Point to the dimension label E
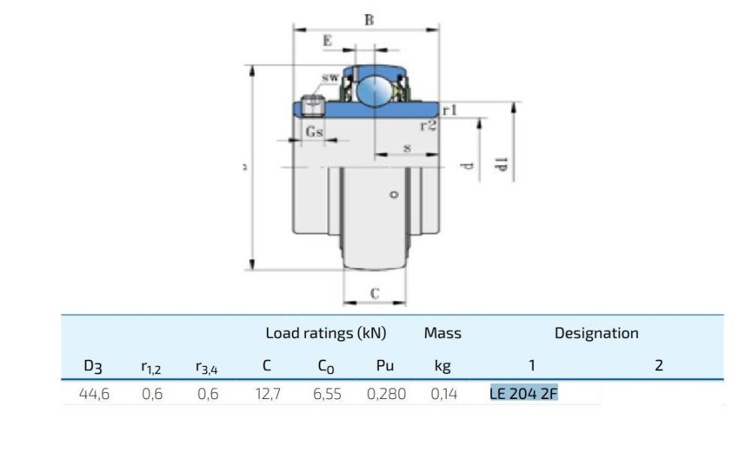(x=327, y=41)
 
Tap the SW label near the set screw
(x=329, y=78)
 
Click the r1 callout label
(x=450, y=110)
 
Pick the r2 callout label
(x=428, y=126)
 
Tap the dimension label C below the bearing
(x=374, y=294)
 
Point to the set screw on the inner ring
(x=312, y=103)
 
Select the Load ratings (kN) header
(x=326, y=333)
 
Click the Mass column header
(x=442, y=333)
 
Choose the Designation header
(x=596, y=333)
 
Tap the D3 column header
(x=92, y=367)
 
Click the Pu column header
(x=385, y=366)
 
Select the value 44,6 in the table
(x=95, y=394)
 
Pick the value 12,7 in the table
(x=267, y=394)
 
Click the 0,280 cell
(x=386, y=394)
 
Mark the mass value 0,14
(x=444, y=394)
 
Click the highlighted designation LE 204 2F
(x=523, y=394)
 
